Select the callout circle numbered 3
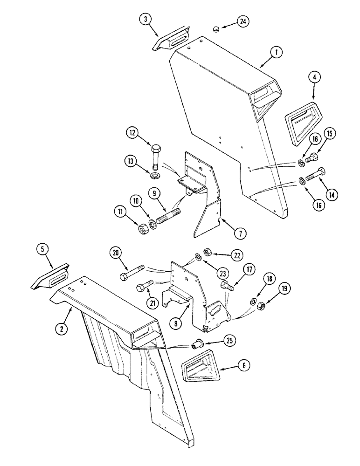(145, 20)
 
